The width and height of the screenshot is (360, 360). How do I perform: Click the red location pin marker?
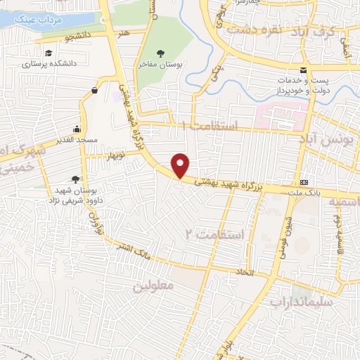tap(181, 165)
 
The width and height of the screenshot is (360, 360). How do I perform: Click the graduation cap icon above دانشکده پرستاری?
tap(49, 53)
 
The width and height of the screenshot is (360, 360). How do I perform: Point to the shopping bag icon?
tap(95, 90)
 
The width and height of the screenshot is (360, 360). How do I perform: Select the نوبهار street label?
tap(117, 153)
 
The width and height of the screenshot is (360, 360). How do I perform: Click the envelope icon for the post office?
tap(303, 70)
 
